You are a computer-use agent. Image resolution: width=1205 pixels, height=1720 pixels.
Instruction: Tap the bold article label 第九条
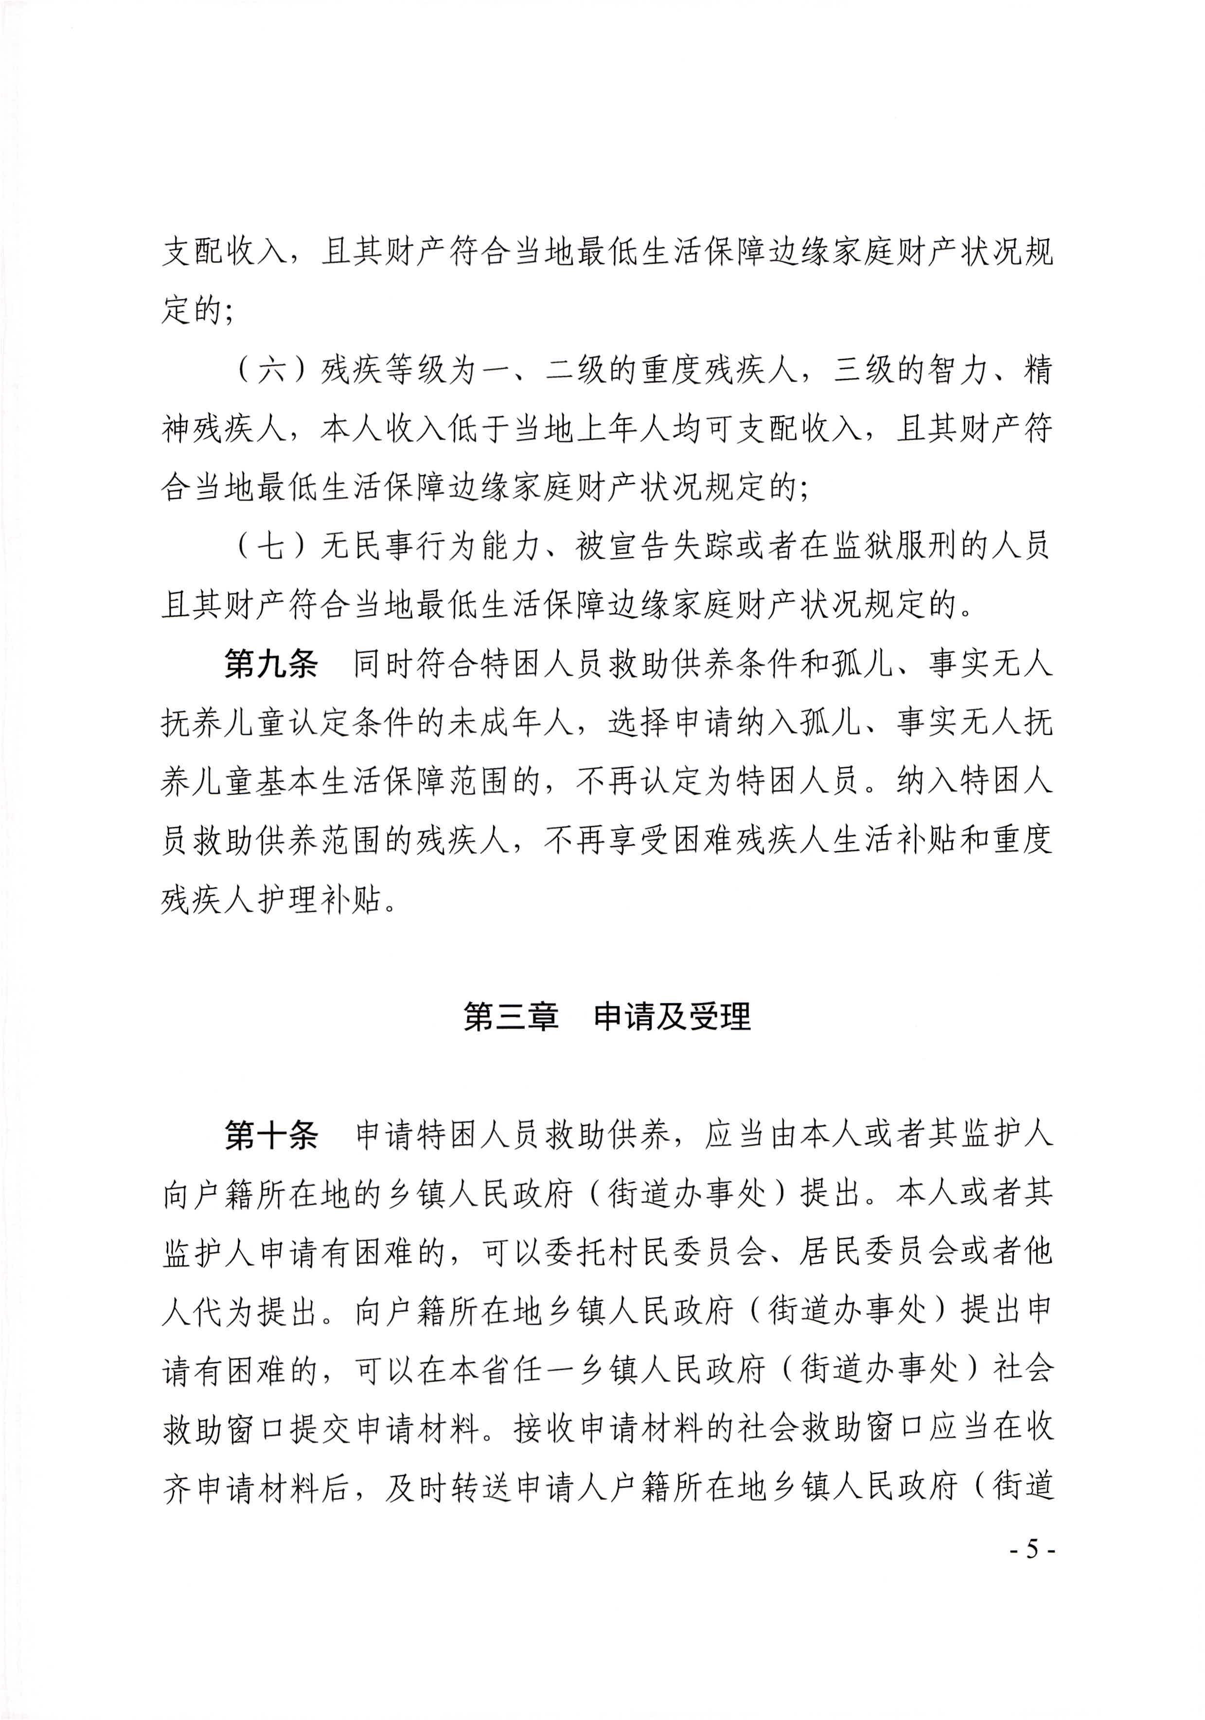[271, 664]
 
